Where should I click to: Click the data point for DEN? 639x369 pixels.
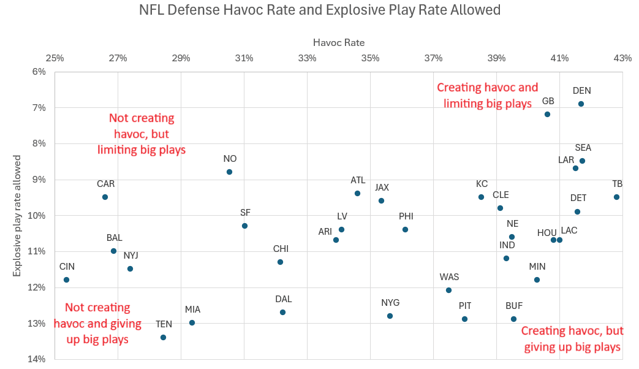tap(581, 104)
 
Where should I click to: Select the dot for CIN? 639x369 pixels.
tap(66, 280)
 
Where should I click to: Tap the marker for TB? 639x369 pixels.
tap(616, 197)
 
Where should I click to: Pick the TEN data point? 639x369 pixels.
tap(163, 337)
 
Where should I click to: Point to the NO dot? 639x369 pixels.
tap(229, 172)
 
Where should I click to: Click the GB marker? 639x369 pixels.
tap(547, 114)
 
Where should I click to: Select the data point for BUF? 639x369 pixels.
tap(513, 319)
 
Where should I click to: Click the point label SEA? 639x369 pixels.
tap(583, 148)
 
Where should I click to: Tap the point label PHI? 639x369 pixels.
tap(406, 216)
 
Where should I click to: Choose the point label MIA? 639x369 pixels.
tap(192, 310)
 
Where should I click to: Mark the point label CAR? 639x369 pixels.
tap(105, 183)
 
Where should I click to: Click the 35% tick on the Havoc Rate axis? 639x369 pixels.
tap(370, 58)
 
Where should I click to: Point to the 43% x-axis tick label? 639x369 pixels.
tap(622, 58)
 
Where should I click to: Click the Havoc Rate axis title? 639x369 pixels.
tap(339, 42)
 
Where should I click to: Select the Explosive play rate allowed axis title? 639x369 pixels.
tap(18, 215)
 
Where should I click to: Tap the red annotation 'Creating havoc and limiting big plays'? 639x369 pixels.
tap(487, 96)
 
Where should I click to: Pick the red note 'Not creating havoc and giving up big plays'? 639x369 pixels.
tap(98, 323)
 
